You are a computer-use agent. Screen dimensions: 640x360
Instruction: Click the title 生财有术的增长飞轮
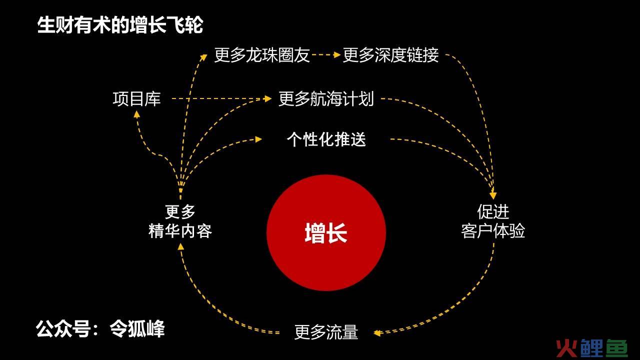(120, 25)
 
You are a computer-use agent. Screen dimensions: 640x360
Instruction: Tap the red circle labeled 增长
(326, 233)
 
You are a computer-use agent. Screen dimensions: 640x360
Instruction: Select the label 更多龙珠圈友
(262, 55)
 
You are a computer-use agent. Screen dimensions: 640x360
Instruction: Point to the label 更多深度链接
(390, 55)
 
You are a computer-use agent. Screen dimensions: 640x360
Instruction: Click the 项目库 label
(136, 99)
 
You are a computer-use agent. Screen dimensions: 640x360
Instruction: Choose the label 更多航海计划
(326, 99)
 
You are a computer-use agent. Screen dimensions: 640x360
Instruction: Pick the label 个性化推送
(326, 139)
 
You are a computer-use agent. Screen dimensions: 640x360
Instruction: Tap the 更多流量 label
(326, 332)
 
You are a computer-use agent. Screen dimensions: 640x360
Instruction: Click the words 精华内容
(180, 231)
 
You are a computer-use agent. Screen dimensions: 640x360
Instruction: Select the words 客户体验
(493, 231)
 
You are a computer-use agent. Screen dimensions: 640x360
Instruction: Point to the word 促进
(493, 211)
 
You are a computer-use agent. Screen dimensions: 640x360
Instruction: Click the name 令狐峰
(137, 328)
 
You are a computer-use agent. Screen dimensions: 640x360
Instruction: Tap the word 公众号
(63, 328)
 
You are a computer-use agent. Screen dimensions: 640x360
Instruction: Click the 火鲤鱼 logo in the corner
(592, 348)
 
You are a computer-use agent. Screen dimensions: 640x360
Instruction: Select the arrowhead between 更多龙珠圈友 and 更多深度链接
(337, 54)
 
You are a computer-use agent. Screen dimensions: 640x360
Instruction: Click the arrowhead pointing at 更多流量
(377, 333)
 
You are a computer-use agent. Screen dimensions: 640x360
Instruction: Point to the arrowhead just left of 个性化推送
(258, 139)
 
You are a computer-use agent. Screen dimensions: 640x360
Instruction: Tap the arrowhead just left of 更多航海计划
(268, 99)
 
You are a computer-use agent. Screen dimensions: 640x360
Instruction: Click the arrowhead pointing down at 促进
(493, 195)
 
